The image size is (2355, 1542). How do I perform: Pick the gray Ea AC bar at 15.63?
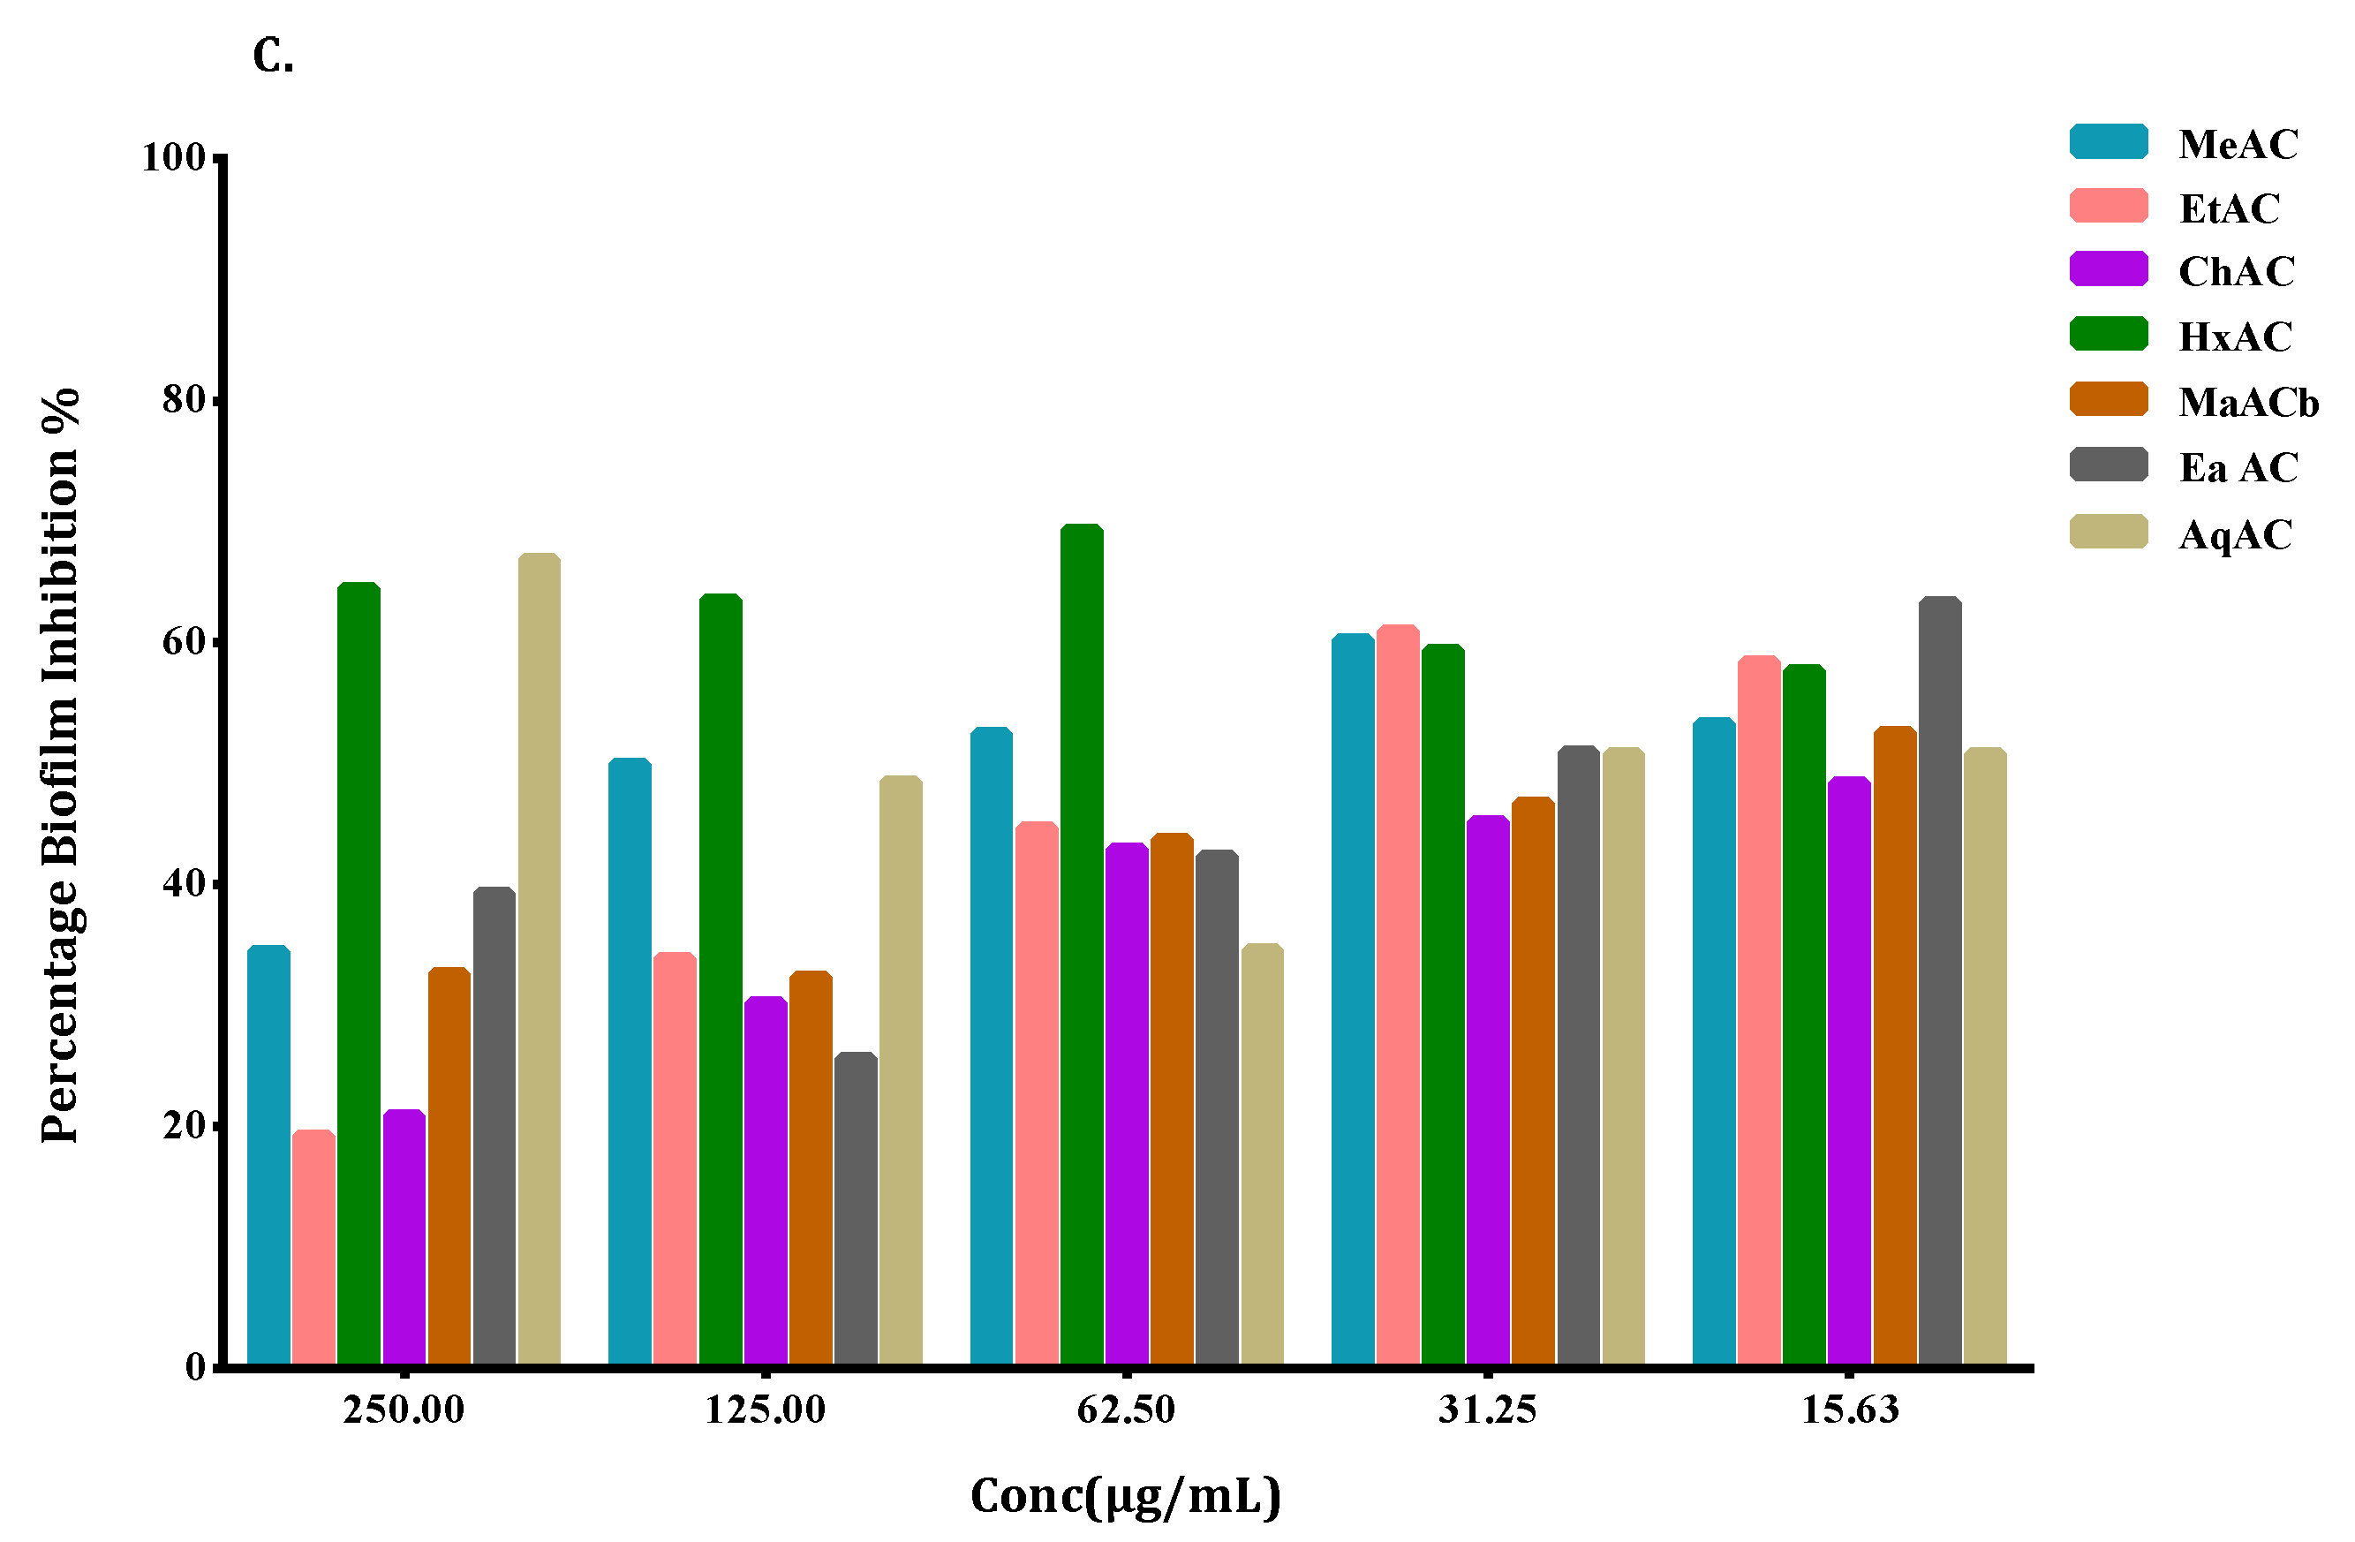[x=1939, y=979]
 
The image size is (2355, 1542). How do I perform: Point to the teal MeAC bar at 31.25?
[x=1353, y=999]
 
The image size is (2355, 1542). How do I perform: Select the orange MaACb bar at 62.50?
[x=1172, y=1099]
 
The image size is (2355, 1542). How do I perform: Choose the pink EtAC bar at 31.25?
[x=1397, y=994]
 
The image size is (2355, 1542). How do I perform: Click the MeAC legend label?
[x=2238, y=145]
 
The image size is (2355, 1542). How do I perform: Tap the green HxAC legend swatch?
[x=2109, y=335]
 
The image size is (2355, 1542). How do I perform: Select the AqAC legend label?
[x=2235, y=535]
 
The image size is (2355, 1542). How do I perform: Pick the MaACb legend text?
[x=2248, y=403]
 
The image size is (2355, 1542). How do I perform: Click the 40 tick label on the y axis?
[x=183, y=883]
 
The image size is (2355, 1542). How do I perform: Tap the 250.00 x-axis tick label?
[x=404, y=1410]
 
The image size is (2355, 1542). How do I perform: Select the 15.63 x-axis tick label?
[x=1849, y=1410]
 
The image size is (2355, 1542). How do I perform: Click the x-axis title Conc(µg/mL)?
[x=1125, y=1495]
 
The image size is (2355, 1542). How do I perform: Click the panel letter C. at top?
[x=273, y=57]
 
